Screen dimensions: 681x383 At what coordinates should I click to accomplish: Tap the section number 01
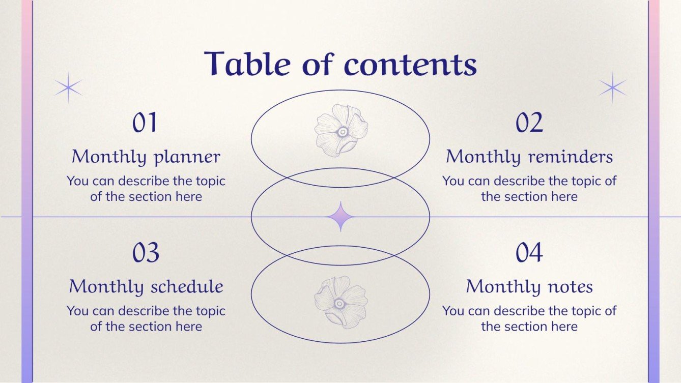click(146, 123)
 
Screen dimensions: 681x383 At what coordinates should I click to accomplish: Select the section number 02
click(529, 123)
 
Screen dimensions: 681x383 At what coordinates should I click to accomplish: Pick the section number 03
click(146, 253)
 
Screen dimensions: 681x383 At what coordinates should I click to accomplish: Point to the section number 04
click(529, 253)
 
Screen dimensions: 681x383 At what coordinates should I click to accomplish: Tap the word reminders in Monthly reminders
click(571, 157)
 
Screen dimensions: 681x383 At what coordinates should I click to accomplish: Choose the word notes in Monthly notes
click(570, 287)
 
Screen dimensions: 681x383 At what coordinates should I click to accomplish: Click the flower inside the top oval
click(341, 131)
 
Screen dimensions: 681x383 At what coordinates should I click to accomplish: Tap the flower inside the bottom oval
click(340, 303)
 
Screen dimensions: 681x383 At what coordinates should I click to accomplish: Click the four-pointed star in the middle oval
click(340, 217)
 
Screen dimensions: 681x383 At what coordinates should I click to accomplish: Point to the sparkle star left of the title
click(68, 88)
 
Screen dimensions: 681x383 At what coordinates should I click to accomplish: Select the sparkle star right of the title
click(613, 87)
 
